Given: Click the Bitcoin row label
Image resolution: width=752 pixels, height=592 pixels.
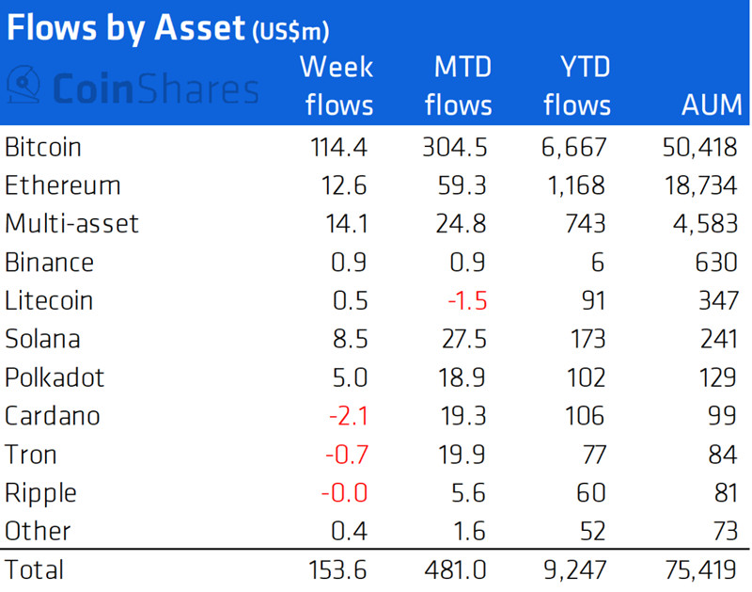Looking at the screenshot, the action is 42,147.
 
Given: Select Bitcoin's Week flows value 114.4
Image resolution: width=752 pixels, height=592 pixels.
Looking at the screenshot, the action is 338,147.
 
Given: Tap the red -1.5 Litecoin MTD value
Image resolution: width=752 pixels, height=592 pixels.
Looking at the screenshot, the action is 467,301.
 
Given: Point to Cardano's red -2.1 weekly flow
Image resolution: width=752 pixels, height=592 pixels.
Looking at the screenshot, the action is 349,416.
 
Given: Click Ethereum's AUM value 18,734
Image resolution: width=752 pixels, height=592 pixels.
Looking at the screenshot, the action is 700,185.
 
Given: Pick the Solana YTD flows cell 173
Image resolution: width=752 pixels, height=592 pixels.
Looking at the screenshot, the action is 587,340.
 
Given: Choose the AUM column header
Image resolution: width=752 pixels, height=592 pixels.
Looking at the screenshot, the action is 712,105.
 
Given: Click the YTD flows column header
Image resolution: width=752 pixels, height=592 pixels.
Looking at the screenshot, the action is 577,86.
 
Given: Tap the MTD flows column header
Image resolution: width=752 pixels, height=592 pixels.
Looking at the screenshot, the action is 459,86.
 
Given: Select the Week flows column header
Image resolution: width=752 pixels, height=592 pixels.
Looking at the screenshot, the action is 337,86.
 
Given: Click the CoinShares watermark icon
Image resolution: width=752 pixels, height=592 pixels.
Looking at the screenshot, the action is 23,85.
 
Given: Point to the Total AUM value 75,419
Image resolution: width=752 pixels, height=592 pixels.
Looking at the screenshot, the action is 700,570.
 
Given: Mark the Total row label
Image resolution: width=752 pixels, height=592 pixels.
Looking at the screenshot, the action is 34,570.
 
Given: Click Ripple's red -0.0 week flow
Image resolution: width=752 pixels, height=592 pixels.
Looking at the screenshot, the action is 344,493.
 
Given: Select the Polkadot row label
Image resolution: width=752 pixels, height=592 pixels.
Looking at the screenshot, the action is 55,377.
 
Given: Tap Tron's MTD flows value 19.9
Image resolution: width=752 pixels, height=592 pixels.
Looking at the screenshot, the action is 462,455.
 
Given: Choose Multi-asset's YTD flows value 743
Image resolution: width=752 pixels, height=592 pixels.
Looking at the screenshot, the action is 586,224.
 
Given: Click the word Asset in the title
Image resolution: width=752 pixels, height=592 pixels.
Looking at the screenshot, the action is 199,28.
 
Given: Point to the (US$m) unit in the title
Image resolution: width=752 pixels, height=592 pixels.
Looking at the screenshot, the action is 290,32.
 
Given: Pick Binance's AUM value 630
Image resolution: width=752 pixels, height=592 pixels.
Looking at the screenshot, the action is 716,263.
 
